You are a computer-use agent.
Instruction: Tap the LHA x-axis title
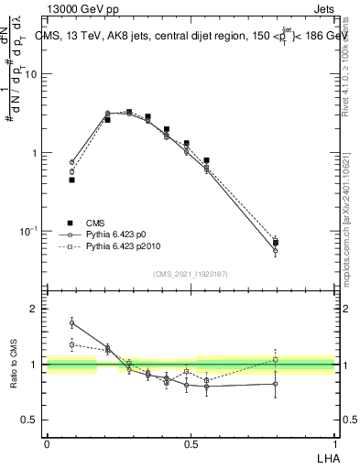[x=324, y=455]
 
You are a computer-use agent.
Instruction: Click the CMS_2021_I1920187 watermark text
[x=190, y=274]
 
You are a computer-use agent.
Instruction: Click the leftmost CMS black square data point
[x=71, y=180]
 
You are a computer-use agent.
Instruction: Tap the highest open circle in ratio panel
[x=71, y=322]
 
